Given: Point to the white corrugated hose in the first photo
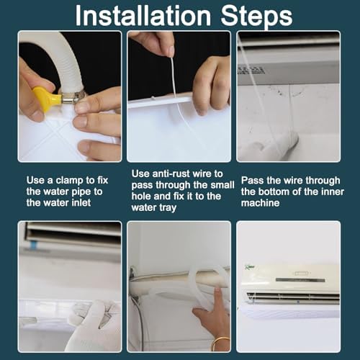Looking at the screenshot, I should (x=47, y=50).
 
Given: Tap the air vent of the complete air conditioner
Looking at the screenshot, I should (x=288, y=297).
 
